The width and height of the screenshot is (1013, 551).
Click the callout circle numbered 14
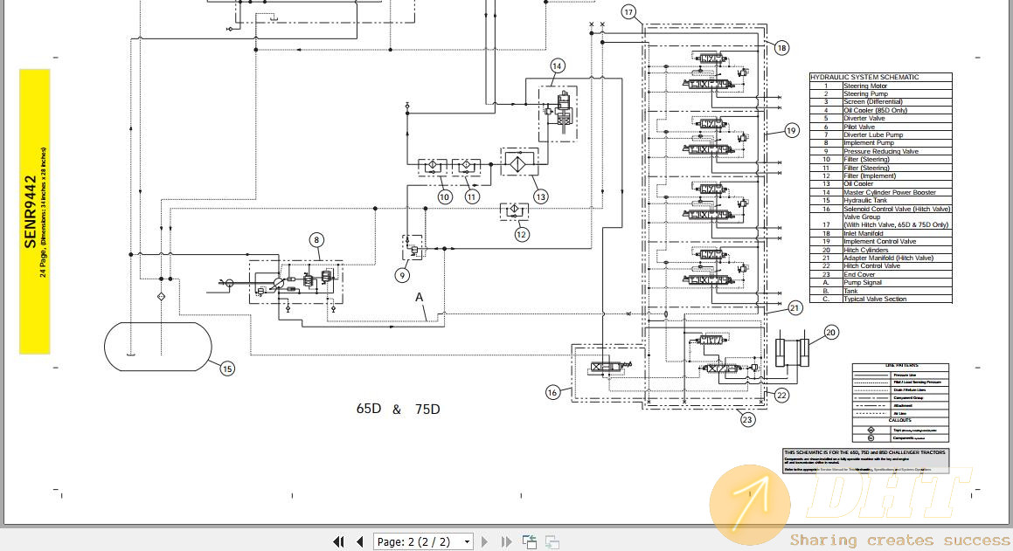pos(558,65)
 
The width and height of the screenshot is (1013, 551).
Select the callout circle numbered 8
pos(316,239)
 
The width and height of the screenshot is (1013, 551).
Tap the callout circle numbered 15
pos(227,368)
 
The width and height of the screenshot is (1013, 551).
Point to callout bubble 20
pos(830,332)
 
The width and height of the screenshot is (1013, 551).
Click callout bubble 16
pos(552,393)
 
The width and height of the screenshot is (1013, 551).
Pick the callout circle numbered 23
pos(747,420)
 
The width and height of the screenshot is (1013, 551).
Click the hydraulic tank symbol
pos(158,346)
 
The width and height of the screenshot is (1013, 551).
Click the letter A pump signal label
pos(420,297)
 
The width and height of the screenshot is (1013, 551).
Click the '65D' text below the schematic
pos(368,409)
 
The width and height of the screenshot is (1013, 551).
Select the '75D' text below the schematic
pos(427,409)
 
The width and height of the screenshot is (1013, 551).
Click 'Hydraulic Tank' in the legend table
pos(864,200)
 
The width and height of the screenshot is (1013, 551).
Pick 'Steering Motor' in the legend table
pos(864,86)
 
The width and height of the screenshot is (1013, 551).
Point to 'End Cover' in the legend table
pos(859,274)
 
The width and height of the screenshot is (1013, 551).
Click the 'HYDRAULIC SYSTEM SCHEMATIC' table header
pos(864,77)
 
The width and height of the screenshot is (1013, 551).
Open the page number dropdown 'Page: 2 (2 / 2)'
pos(423,541)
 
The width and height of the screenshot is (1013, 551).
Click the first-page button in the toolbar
pos(338,541)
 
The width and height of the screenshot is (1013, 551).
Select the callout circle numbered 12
pos(522,233)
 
